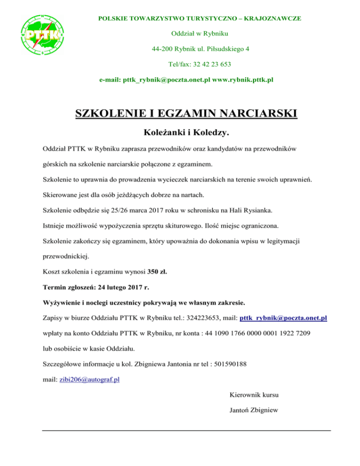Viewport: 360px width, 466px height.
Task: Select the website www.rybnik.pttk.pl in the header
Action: pyautogui.click(x=243, y=80)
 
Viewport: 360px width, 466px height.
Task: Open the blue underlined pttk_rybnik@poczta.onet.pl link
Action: pyautogui.click(x=283, y=317)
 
